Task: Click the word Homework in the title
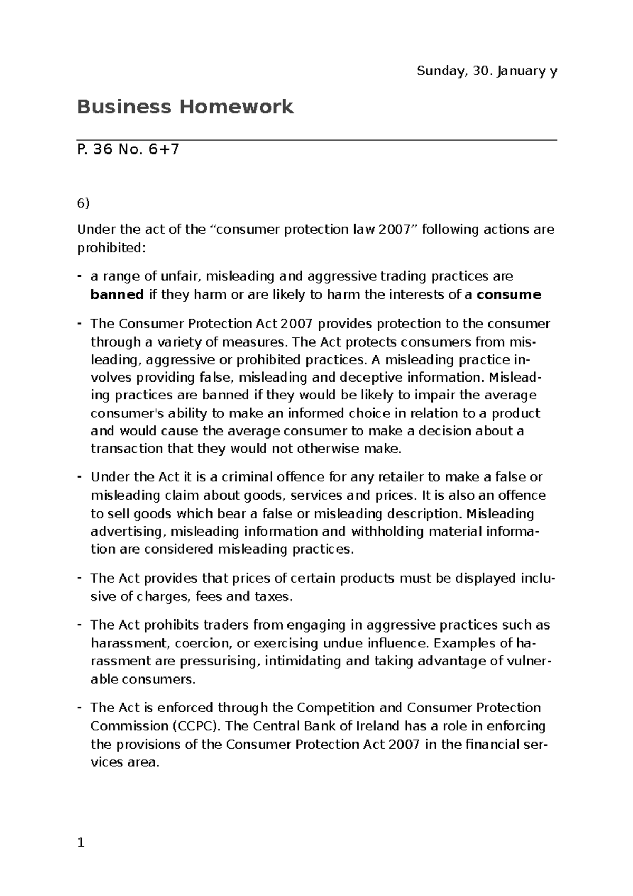[236, 107]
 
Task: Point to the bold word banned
[117, 294]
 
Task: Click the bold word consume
[509, 294]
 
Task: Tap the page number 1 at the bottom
[81, 843]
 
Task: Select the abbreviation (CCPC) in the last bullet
[195, 726]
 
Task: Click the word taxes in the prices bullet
[272, 597]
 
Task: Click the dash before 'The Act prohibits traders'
[80, 625]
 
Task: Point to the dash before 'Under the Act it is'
[80, 477]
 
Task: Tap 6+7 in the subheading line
[164, 150]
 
